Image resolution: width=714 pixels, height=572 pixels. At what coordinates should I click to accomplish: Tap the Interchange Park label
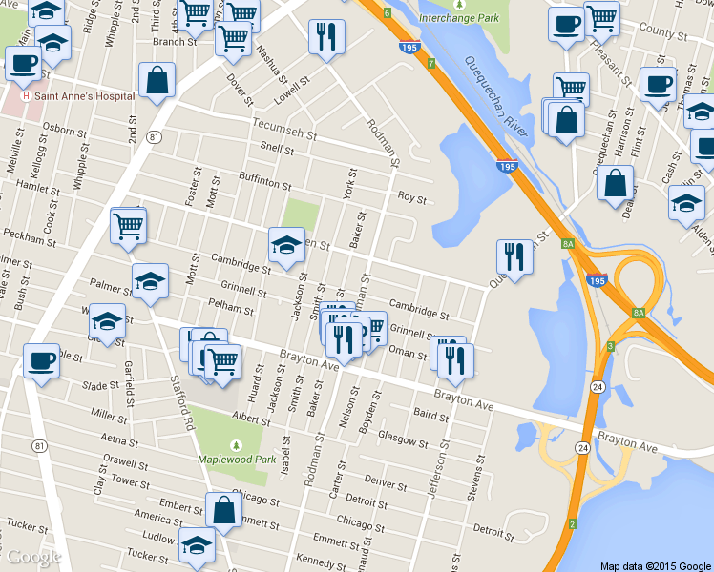[460, 17]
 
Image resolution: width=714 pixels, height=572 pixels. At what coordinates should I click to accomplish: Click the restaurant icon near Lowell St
[326, 36]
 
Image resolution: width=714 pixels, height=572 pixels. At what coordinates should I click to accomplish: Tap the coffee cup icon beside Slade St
[41, 360]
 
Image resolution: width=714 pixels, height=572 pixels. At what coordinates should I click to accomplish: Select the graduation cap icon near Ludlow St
[198, 543]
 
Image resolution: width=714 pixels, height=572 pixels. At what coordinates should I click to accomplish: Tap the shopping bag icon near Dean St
[616, 183]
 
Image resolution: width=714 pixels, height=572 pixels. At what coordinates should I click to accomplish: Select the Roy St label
[411, 198]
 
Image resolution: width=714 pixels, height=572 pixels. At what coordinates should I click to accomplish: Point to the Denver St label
[386, 482]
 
